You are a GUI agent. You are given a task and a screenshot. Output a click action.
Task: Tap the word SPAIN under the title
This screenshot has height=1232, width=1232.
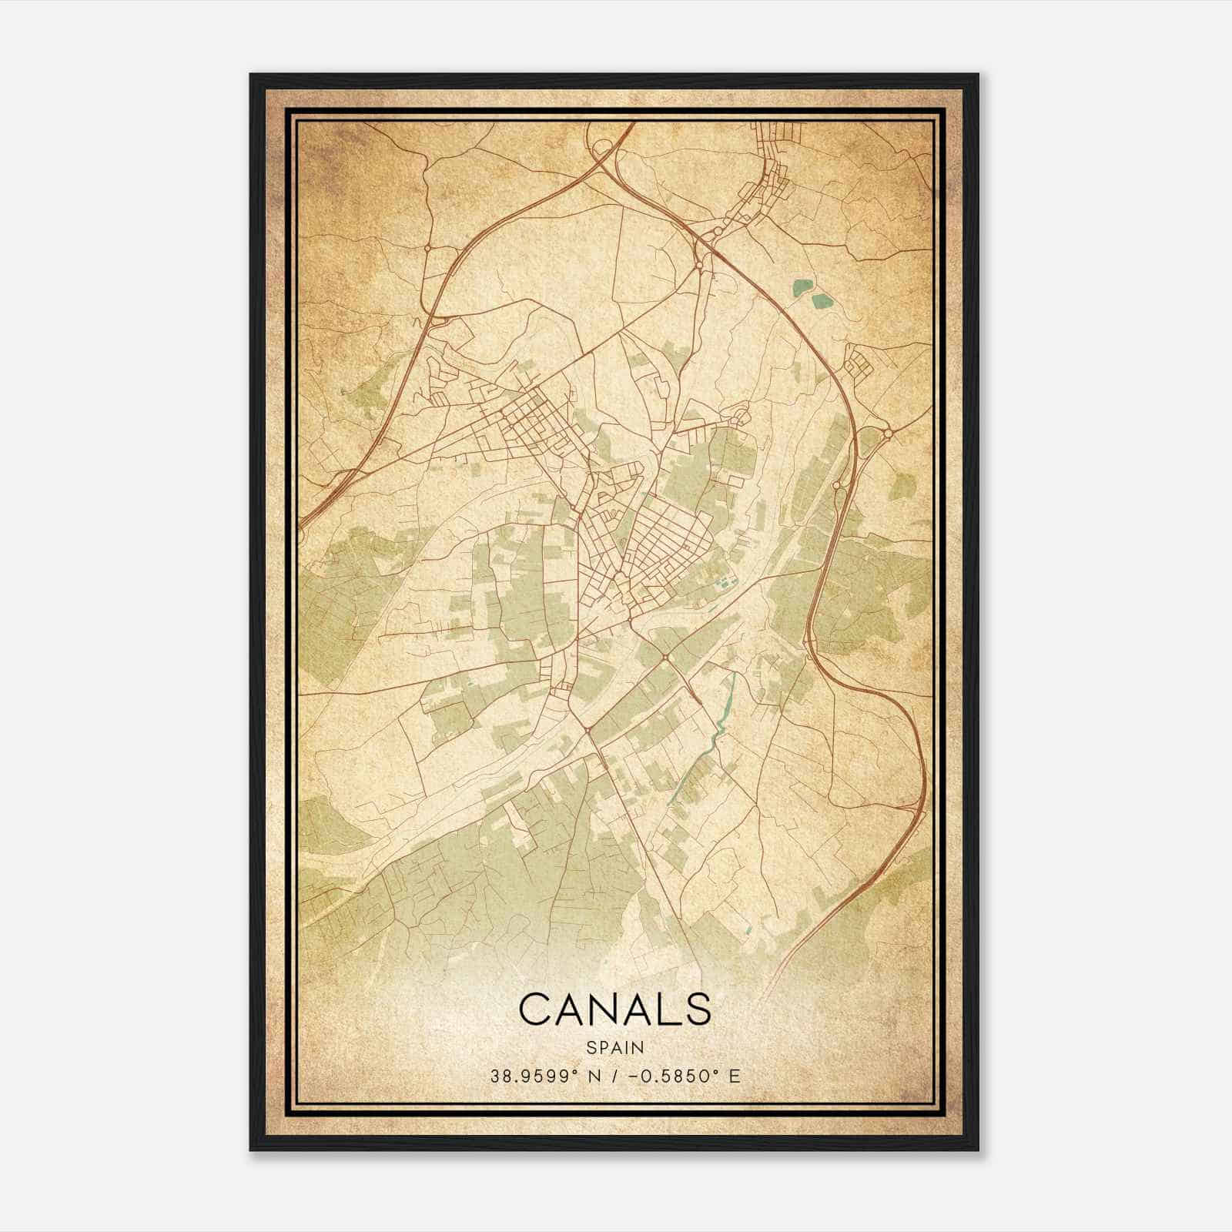tap(614, 1047)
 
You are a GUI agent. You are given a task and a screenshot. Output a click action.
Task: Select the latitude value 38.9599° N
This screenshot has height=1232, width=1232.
tap(544, 1076)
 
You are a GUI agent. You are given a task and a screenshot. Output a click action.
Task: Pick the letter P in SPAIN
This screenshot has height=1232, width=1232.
tap(601, 1047)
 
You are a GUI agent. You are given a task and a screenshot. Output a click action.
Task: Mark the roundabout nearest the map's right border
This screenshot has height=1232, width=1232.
tap(888, 434)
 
